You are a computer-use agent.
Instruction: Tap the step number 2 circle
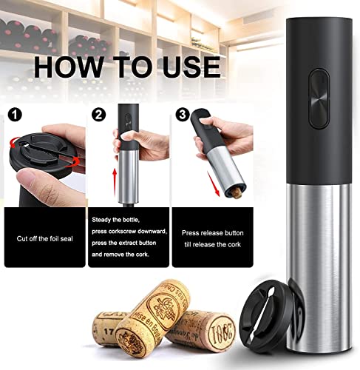click(99, 115)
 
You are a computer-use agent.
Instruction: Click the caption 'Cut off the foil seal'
click(44, 238)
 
